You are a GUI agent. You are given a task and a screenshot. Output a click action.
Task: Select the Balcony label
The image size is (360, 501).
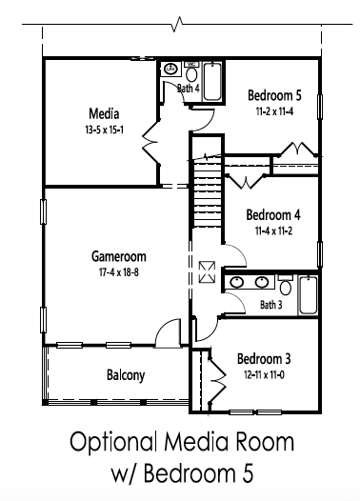tap(125, 374)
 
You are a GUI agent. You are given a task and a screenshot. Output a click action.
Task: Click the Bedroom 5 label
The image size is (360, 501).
tap(274, 95)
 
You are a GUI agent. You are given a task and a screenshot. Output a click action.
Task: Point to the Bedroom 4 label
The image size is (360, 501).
tap(273, 214)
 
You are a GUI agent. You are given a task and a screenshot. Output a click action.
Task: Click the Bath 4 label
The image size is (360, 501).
tap(189, 89)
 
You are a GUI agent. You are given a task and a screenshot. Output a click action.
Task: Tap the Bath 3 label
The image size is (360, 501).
tap(271, 305)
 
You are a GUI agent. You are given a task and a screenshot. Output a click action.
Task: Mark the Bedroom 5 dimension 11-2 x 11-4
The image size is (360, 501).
tap(274, 110)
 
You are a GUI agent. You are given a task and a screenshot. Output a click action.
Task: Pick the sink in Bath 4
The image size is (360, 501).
tap(171, 69)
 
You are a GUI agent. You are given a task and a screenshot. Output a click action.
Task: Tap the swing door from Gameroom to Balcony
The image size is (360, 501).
tap(166, 332)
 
